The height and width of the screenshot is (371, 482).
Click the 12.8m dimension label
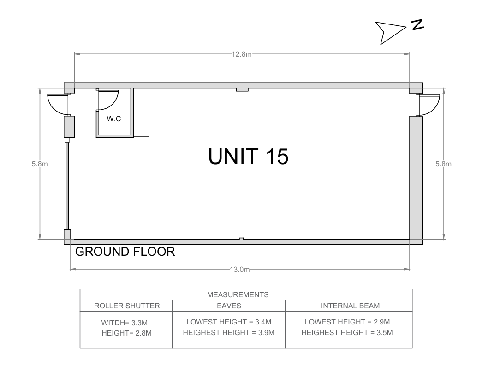pyautogui.click(x=242, y=54)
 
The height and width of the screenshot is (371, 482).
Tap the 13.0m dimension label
pyautogui.click(x=240, y=269)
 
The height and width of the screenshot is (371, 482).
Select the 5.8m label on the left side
pyautogui.click(x=40, y=164)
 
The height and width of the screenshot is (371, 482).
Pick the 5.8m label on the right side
pyautogui.click(x=443, y=164)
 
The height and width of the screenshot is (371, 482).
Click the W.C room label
pyautogui.click(x=114, y=118)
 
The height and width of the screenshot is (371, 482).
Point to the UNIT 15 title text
pyautogui.click(x=248, y=156)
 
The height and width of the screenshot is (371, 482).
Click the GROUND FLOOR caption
pyautogui.click(x=125, y=252)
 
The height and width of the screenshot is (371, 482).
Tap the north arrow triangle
pyautogui.click(x=389, y=32)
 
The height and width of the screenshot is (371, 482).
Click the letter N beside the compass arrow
pyautogui.click(x=417, y=24)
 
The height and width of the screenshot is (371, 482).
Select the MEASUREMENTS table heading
pyautogui.click(x=238, y=295)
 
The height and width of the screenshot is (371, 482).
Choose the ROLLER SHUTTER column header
pyautogui.click(x=127, y=306)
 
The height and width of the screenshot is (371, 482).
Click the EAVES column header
pyautogui.click(x=229, y=306)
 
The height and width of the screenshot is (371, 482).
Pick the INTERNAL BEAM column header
pyautogui.click(x=350, y=306)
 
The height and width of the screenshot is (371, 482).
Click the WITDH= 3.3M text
pyautogui.click(x=125, y=323)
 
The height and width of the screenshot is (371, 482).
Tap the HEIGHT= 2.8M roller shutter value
pyautogui.click(x=127, y=333)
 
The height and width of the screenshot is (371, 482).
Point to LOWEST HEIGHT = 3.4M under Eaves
pyautogui.click(x=229, y=322)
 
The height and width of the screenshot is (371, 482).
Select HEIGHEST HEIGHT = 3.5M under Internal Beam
pyautogui.click(x=347, y=333)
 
